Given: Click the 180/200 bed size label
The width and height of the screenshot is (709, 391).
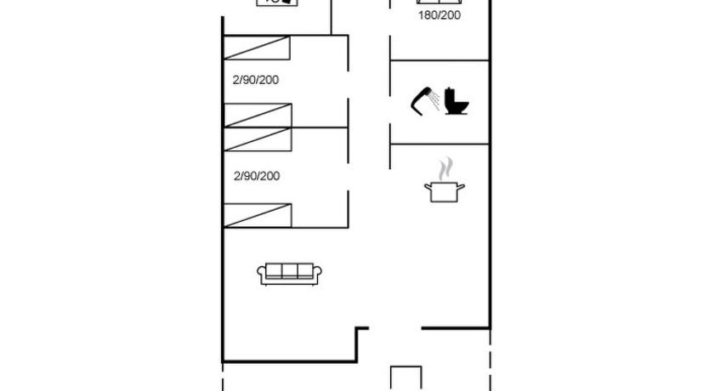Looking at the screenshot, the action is click(439, 15).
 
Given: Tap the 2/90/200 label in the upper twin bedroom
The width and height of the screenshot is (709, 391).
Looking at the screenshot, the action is click(256, 80).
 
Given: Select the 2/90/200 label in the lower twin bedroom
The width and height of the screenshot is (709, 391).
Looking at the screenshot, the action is click(257, 176).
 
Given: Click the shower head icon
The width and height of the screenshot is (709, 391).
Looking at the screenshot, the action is click(422, 101).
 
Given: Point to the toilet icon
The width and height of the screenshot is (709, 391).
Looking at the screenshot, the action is click(457, 101).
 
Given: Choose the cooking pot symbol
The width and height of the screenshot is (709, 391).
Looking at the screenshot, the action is click(445, 192).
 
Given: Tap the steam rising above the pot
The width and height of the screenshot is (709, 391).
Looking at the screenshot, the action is click(445, 168).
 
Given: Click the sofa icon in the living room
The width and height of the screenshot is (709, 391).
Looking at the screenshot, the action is click(289, 274).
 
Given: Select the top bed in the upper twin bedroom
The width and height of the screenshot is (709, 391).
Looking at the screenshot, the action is click(257, 48).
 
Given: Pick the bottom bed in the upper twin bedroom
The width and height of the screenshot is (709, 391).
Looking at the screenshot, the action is click(258, 116).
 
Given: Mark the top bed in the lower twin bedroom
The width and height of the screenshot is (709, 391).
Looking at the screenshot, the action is click(258, 139).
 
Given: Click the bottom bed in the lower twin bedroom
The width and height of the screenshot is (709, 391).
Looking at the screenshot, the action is click(258, 215).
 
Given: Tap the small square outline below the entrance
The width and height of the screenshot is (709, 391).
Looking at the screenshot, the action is click(406, 378).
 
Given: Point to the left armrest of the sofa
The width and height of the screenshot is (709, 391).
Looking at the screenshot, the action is click(261, 274).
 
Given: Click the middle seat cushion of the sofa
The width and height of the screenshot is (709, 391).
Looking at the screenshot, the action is click(289, 271).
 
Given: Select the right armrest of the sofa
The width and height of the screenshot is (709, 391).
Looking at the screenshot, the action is click(317, 274).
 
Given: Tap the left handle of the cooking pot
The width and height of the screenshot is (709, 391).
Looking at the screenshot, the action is click(428, 187).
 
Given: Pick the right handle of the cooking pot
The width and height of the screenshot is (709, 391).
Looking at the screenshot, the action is click(461, 186).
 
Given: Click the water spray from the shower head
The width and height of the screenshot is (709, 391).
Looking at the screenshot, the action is click(435, 100).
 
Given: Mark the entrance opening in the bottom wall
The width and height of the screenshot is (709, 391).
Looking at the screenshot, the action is click(395, 328).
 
